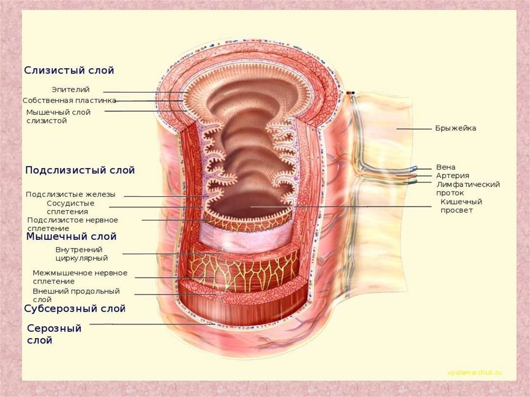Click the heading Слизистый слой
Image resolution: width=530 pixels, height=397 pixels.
pos(69,70)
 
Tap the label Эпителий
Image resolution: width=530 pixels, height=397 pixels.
pos(70,90)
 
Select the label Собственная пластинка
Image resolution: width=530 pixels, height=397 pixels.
pos(69,100)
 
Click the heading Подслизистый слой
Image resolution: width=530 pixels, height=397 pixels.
pos(80,170)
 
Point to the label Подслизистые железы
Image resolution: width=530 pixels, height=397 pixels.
pos(70,195)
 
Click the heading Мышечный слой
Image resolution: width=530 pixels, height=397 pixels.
pos(71,237)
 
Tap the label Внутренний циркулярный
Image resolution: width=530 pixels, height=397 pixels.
pos(81,254)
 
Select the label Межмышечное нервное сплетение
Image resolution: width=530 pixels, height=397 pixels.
pos(80,277)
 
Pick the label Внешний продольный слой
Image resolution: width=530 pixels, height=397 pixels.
pos(76,295)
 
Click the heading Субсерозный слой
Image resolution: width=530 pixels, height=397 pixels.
pos(75,309)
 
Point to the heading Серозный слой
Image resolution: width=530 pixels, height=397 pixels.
pos(54,334)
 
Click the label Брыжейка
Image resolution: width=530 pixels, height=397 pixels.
pos(455,128)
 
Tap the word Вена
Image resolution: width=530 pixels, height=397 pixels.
pos(446,167)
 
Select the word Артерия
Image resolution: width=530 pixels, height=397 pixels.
pos(452,175)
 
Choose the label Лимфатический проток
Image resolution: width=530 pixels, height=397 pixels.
pos(467,188)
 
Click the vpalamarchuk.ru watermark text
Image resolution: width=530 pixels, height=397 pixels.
pos(474,373)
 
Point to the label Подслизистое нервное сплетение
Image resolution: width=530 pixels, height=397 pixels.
pos(72,224)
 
